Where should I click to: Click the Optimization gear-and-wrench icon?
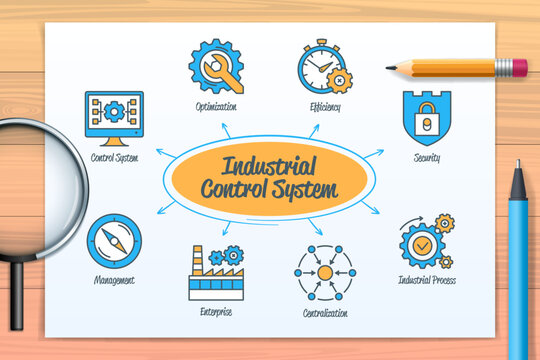point(215,67)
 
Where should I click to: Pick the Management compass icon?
point(114,241)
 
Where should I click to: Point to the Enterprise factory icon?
point(215,272)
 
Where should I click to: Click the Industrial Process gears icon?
point(426,241)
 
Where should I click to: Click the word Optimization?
point(216,107)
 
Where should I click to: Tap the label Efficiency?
point(325,107)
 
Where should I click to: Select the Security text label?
point(426,158)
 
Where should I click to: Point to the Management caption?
point(114,282)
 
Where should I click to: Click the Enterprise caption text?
point(215,312)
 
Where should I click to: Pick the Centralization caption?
point(325,313)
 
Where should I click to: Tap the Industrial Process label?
point(426,281)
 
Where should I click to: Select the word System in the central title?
point(308,188)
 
